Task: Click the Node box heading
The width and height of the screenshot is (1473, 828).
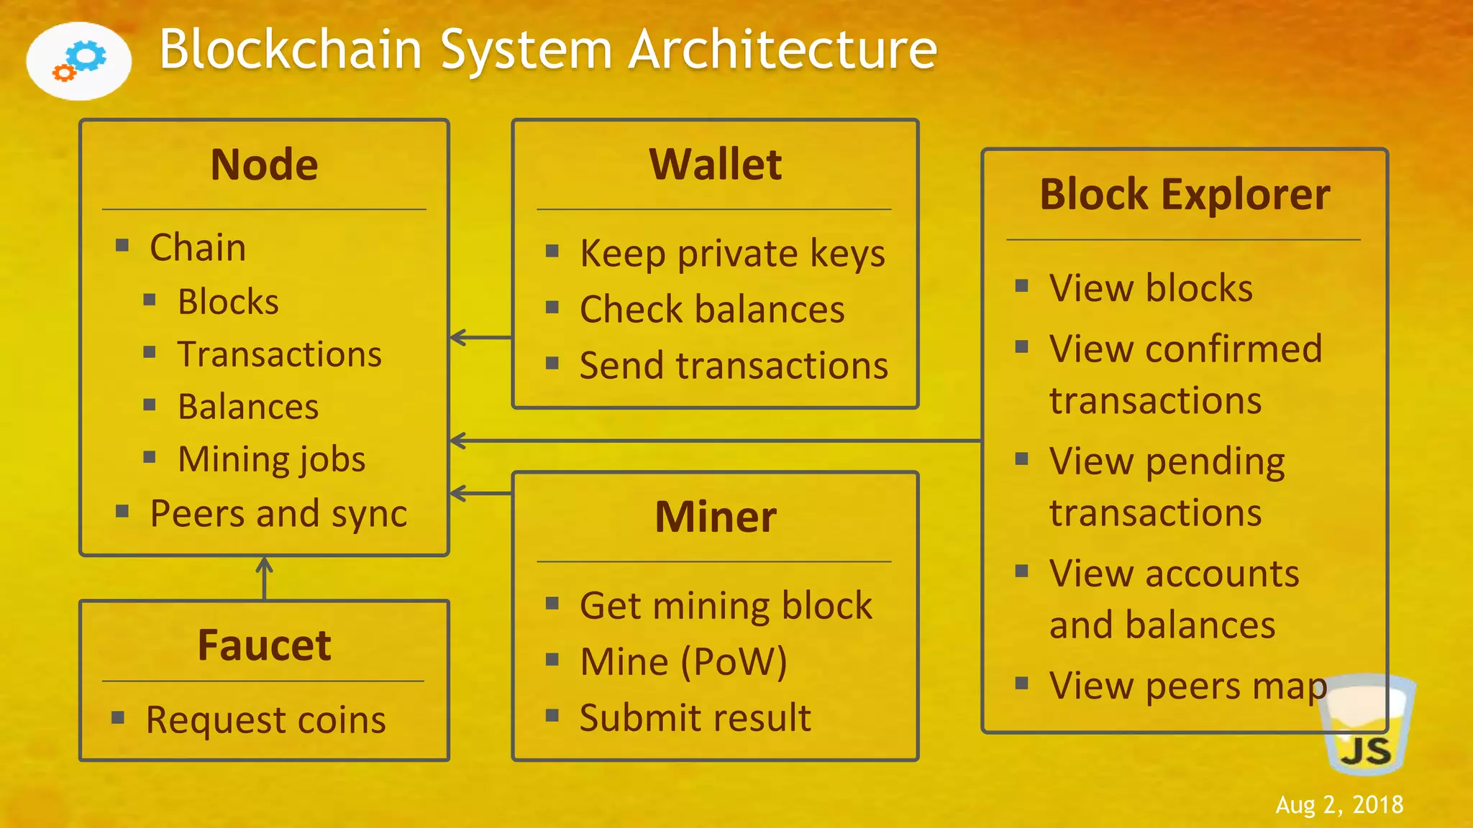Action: [x=264, y=165]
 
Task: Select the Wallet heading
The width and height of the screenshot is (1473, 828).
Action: [x=715, y=165]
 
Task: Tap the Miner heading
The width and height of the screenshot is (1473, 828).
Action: [x=715, y=517]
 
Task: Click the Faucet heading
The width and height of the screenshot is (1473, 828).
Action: [x=264, y=645]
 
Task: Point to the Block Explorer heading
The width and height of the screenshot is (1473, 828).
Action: [x=1185, y=195]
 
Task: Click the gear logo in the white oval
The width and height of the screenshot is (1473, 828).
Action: [x=79, y=61]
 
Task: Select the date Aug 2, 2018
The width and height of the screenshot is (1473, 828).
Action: [x=1339, y=804]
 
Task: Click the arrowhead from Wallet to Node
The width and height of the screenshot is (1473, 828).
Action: [x=458, y=337]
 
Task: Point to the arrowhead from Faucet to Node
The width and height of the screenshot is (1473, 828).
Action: [x=265, y=564]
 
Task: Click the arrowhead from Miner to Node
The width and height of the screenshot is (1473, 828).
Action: [x=458, y=493]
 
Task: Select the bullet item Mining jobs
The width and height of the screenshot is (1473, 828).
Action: [x=271, y=459]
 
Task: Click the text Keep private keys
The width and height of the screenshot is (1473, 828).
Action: [x=732, y=254]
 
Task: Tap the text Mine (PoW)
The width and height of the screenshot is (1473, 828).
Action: [x=683, y=662]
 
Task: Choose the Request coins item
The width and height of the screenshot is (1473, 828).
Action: [x=265, y=719]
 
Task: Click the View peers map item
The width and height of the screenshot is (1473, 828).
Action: [x=1187, y=686]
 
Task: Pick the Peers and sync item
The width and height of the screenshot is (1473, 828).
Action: [x=278, y=514]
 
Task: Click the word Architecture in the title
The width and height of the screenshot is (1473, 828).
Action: [x=783, y=50]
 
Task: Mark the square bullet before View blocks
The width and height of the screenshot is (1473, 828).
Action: [x=1021, y=286]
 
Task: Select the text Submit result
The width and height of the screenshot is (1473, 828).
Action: [x=695, y=718]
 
